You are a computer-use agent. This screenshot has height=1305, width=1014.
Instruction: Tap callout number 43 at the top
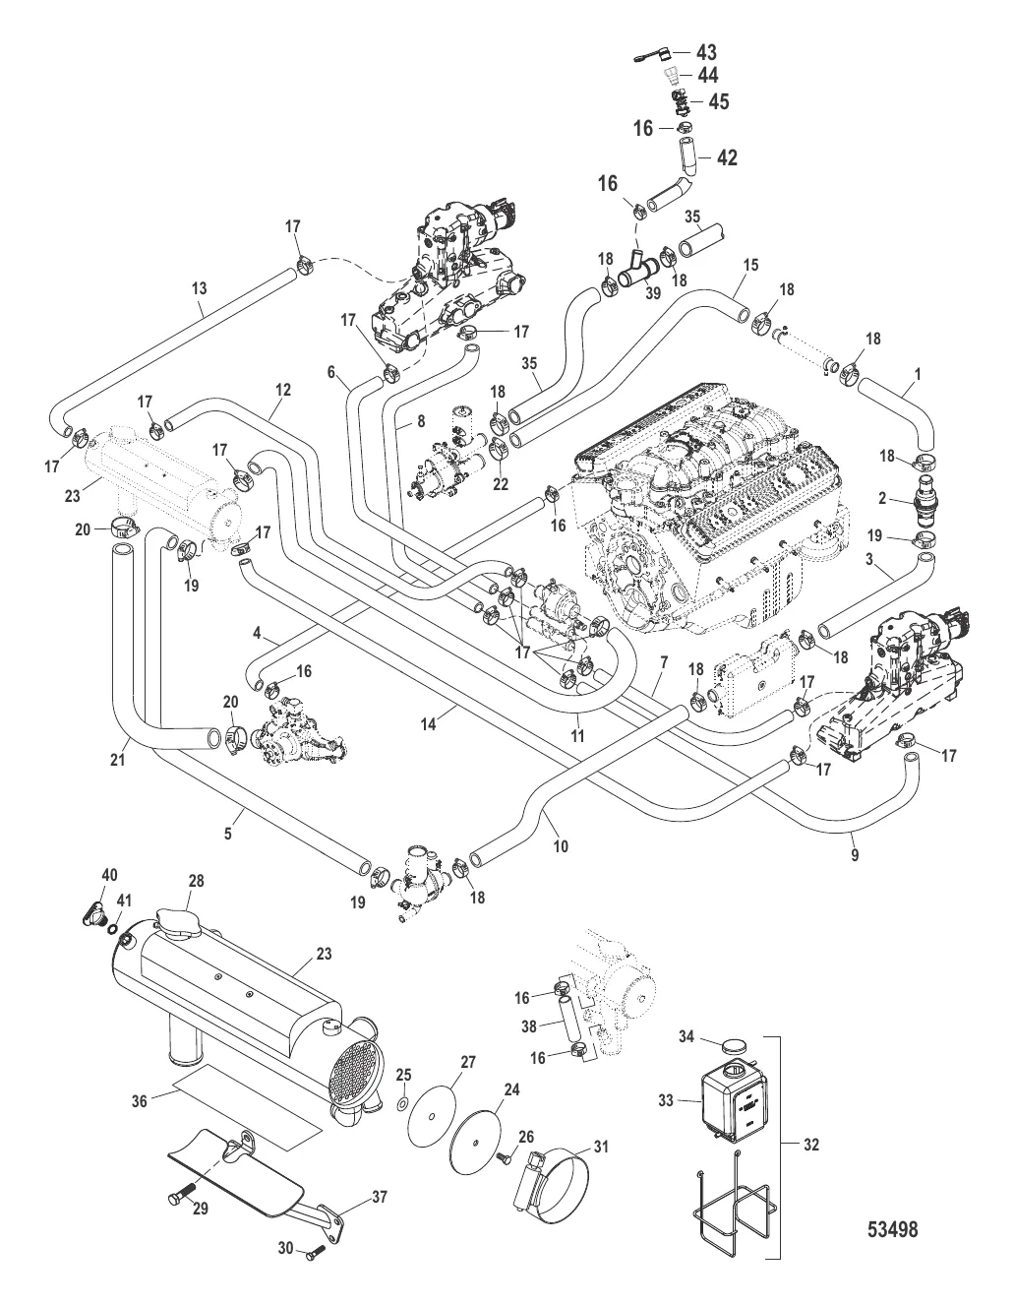(x=706, y=53)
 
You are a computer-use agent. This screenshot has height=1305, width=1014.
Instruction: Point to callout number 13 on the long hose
(x=200, y=288)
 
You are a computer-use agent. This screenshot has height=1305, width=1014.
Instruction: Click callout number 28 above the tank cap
(x=197, y=880)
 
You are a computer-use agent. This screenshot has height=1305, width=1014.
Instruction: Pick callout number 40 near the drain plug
(x=109, y=875)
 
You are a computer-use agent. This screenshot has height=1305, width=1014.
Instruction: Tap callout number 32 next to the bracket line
(x=810, y=1145)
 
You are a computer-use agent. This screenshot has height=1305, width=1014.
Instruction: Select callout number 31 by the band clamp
(x=601, y=1147)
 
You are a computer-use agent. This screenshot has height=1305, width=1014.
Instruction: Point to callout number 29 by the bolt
(x=200, y=1210)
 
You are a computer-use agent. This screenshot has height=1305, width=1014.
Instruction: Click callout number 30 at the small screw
(x=285, y=1249)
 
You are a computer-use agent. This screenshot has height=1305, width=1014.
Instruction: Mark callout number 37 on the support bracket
(x=380, y=1198)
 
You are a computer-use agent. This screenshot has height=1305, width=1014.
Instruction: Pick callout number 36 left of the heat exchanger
(x=140, y=1102)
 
